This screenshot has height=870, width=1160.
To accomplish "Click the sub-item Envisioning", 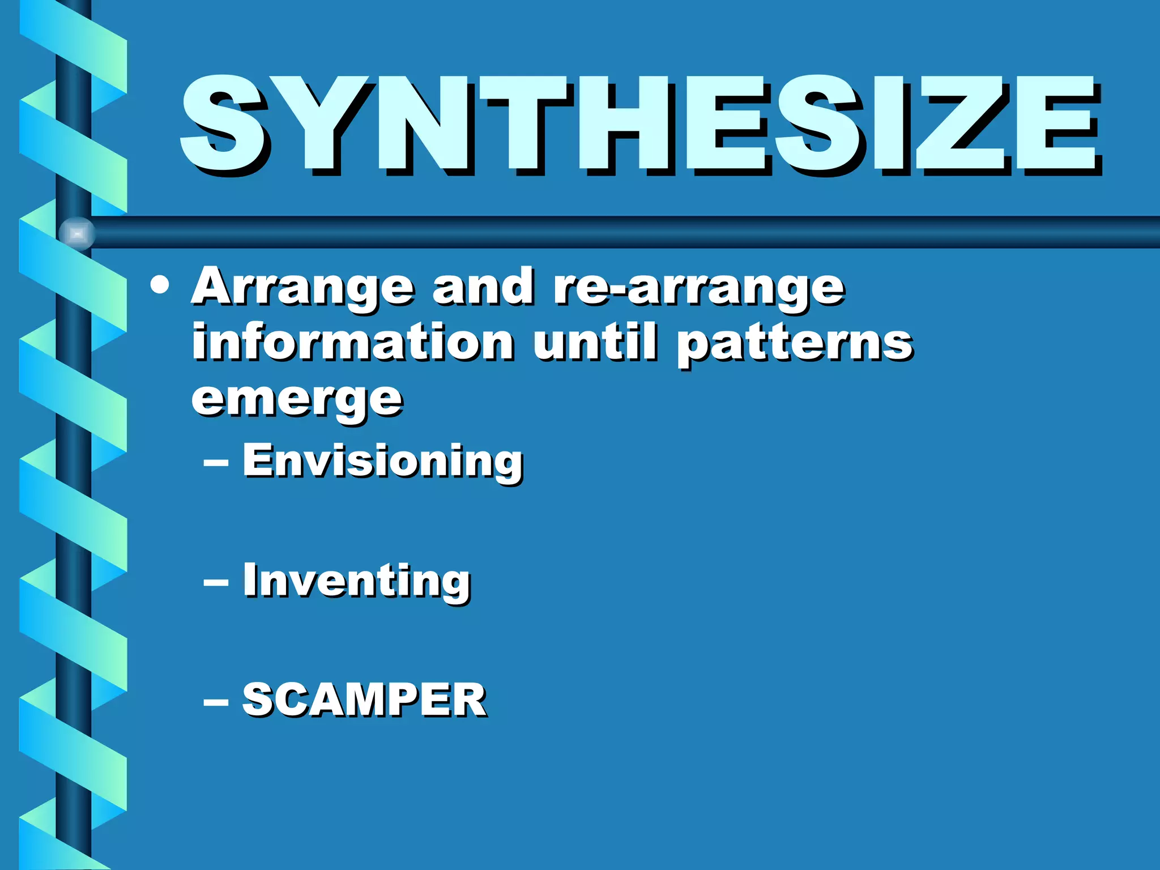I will pyautogui.click(x=383, y=461).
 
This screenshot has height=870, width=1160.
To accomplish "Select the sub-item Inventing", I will pyautogui.click(x=357, y=581).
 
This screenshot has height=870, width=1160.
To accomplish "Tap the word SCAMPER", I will pyautogui.click(x=364, y=700).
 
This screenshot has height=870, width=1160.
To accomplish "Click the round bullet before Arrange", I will pyautogui.click(x=160, y=285).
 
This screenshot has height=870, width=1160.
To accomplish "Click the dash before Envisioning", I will pyautogui.click(x=216, y=463).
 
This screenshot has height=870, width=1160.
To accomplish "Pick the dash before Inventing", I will pyautogui.click(x=216, y=583).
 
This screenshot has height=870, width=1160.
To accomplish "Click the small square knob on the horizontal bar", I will pyautogui.click(x=78, y=233).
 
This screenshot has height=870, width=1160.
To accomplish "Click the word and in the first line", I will pyautogui.click(x=483, y=287).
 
